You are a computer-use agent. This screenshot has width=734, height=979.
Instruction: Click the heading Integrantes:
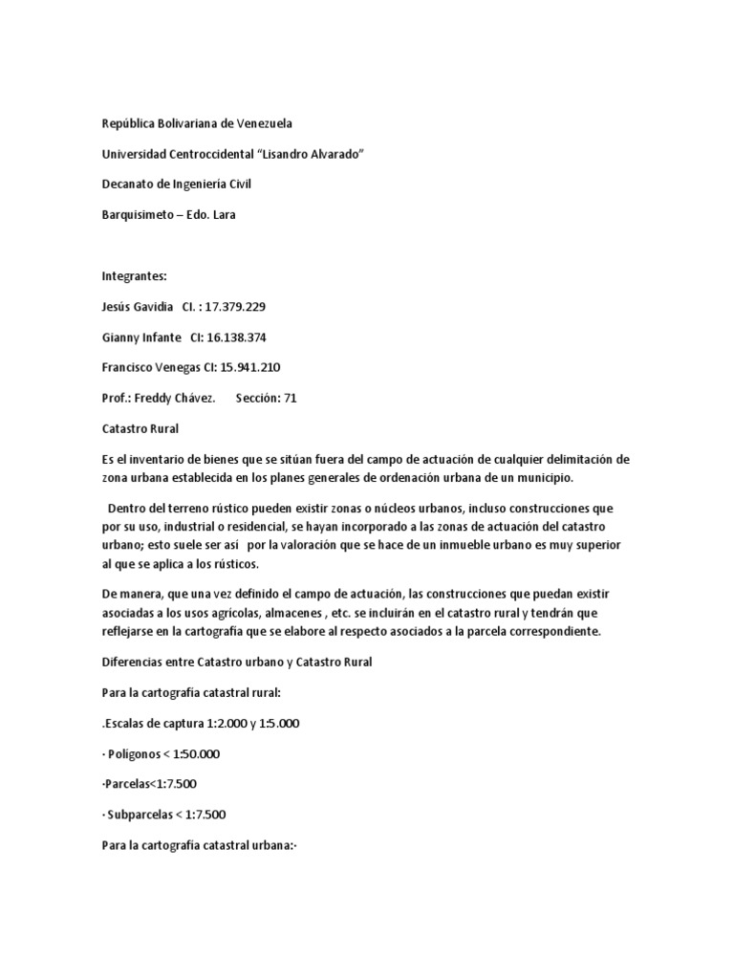(135, 276)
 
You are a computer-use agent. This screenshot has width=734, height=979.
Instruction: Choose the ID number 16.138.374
(245, 337)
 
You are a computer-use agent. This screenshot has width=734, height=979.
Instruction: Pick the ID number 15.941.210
(251, 368)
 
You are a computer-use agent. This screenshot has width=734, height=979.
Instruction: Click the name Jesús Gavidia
(138, 307)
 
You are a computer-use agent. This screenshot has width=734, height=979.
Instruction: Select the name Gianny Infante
(141, 337)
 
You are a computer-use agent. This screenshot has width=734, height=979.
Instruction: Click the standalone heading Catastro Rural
(140, 429)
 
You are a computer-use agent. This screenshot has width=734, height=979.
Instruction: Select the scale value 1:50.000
(191, 753)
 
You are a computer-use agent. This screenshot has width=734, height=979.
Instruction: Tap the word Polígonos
(139, 753)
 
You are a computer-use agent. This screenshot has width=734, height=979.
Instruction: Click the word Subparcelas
(144, 815)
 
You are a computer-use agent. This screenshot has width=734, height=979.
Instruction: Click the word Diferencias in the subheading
(135, 662)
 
